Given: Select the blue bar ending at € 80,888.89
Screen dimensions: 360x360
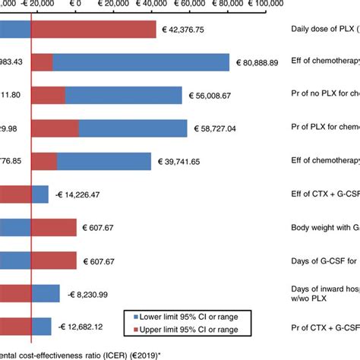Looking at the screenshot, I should click(141, 63).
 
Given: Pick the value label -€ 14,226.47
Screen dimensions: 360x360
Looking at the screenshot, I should click(83, 194).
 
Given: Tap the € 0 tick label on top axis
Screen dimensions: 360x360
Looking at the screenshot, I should click(77, 5).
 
